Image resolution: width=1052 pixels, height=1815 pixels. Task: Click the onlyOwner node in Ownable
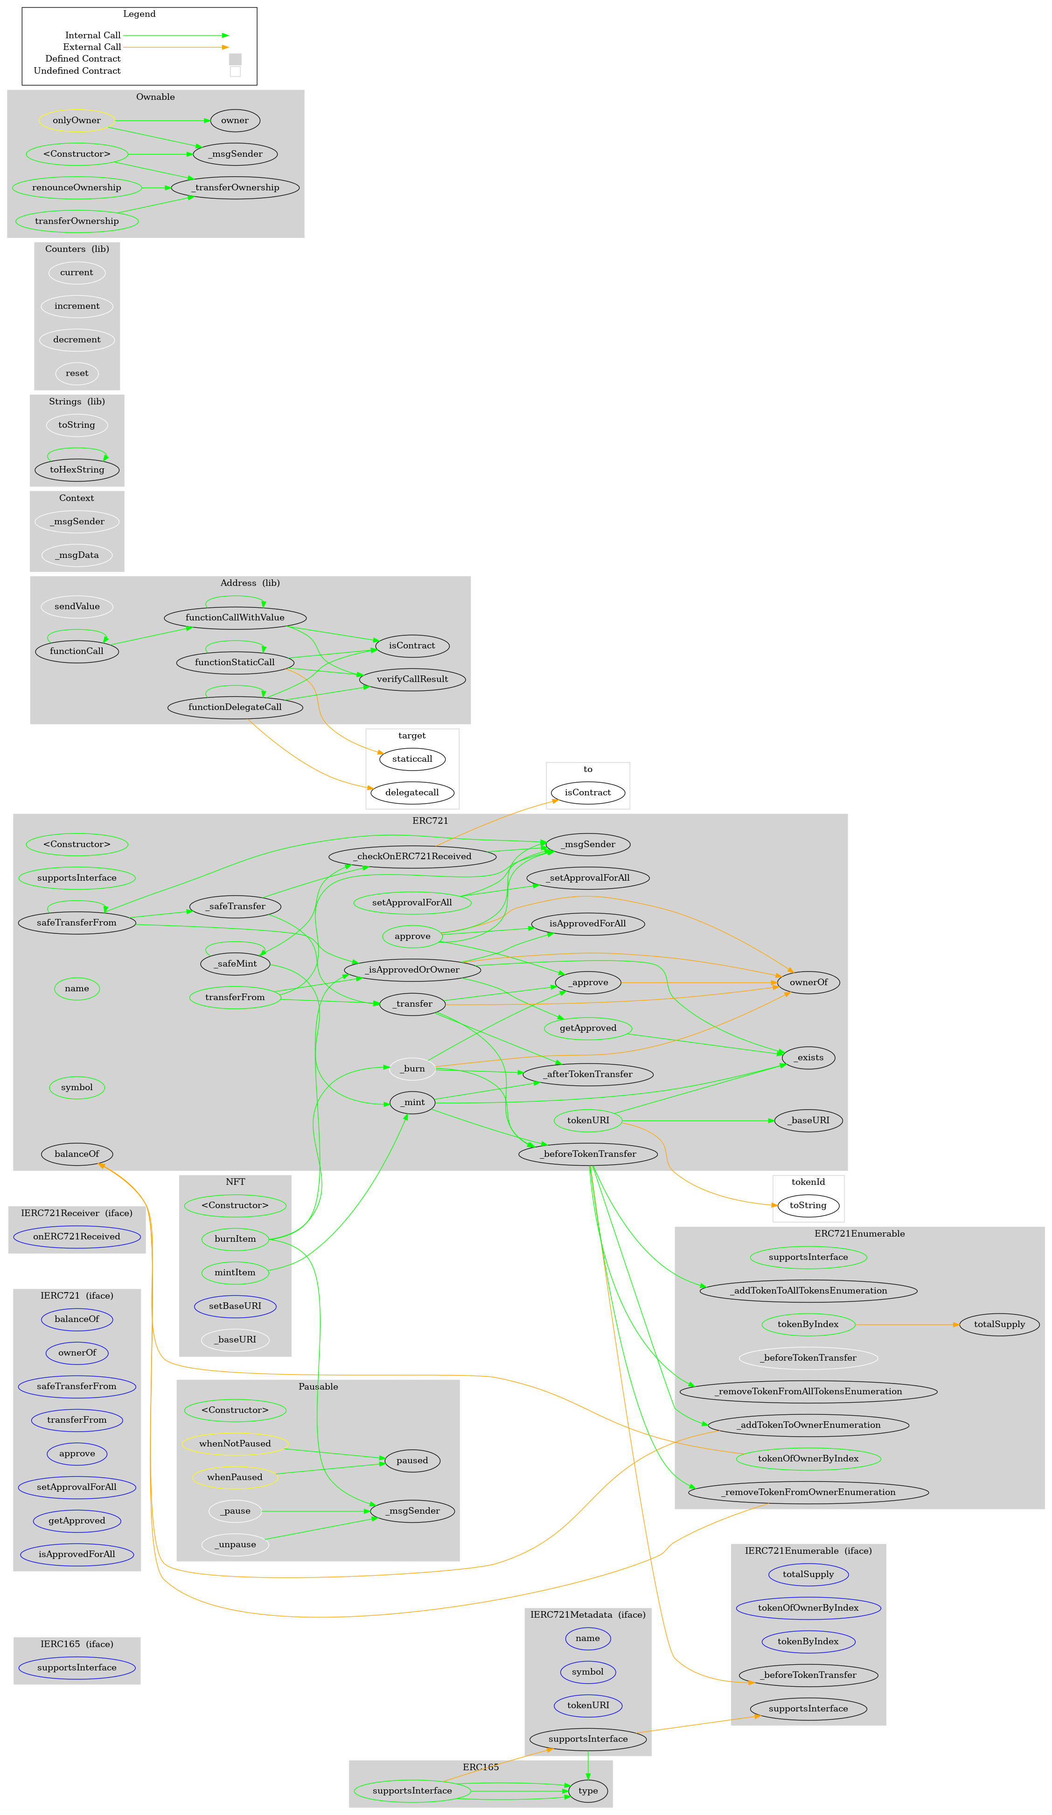(77, 120)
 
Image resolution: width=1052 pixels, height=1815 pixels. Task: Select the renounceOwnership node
(77, 187)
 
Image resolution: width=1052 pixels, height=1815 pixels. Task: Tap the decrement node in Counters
(77, 339)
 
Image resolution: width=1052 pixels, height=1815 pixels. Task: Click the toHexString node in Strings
(77, 470)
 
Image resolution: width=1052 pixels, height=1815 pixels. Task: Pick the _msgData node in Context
(77, 555)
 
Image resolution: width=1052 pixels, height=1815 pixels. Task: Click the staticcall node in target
(411, 758)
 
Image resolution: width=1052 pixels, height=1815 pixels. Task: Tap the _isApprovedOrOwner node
(411, 969)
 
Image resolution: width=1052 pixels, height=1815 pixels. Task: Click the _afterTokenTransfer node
(587, 1074)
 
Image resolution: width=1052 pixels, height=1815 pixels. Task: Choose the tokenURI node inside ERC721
(587, 1120)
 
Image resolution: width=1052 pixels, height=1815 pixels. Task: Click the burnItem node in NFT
(235, 1239)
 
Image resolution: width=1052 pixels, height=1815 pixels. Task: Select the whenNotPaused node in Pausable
(235, 1443)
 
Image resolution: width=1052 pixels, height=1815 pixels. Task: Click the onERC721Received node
(77, 1236)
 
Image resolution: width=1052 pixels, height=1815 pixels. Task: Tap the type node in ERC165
(587, 1791)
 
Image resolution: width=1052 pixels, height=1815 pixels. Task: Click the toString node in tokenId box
(808, 1205)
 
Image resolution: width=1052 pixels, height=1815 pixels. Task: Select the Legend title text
(139, 14)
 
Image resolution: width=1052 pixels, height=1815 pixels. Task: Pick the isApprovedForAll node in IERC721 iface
(77, 1554)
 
